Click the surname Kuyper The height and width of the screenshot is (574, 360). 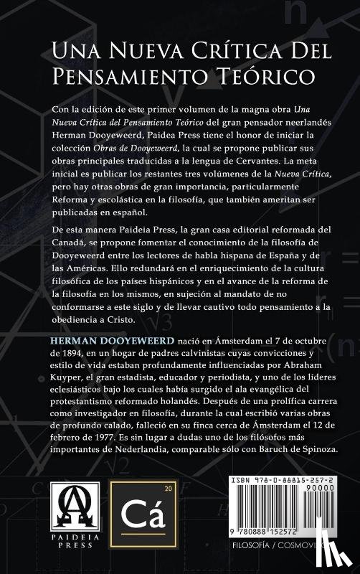coord(70,380)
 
